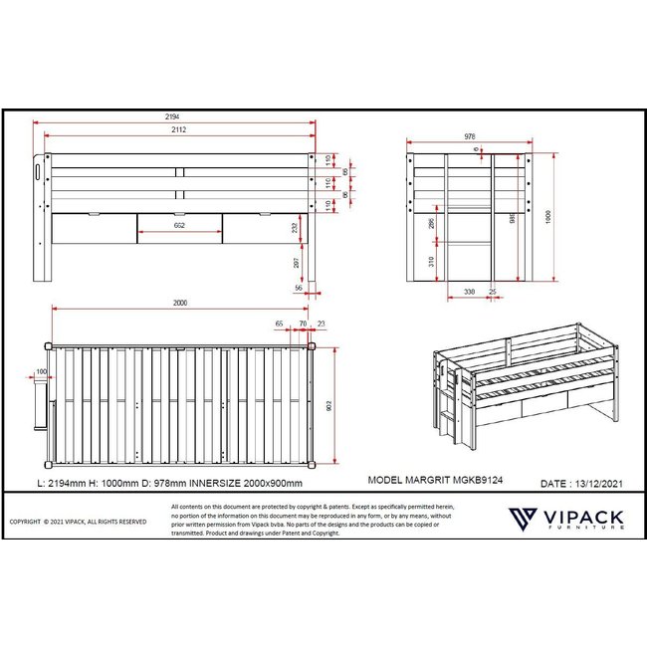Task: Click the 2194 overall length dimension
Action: point(173,117)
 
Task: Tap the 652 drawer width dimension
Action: point(179,226)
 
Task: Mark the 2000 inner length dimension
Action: point(179,303)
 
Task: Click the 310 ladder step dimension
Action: point(430,261)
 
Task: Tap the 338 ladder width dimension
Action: point(469,293)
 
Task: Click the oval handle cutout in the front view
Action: point(37,172)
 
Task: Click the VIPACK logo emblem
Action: point(524,519)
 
